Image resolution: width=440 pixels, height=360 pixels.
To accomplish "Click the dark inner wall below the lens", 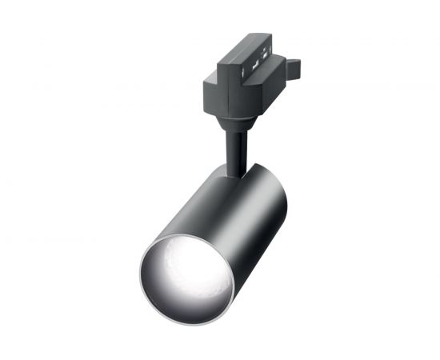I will (192, 308).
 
